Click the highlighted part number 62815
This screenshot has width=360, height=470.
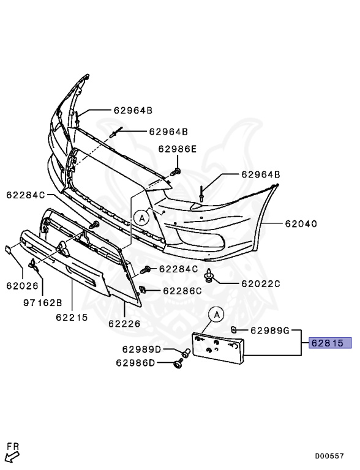click(331, 343)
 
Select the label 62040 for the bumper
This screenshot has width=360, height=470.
click(300, 224)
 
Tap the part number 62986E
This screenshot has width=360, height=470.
click(178, 149)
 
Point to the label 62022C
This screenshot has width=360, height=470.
click(260, 283)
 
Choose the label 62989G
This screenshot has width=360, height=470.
click(269, 331)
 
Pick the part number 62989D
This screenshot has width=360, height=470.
click(141, 349)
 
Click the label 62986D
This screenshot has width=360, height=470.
click(135, 363)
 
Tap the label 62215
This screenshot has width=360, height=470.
click(72, 318)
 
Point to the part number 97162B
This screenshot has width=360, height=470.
click(43, 303)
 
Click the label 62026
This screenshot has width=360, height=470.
click(23, 285)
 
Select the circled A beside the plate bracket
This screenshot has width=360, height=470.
click(216, 315)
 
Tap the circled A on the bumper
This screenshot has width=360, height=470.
click(141, 216)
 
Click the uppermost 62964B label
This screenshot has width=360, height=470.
click(132, 111)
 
